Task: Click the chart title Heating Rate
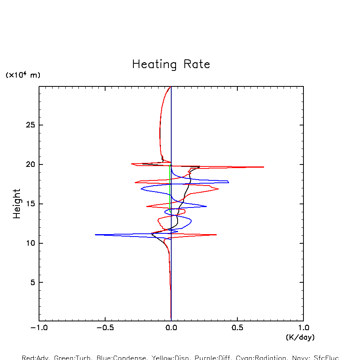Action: (171, 65)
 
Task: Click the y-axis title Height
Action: (17, 203)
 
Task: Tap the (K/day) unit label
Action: (300, 337)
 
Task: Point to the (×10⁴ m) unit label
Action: (23, 75)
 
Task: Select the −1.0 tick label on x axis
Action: (39, 329)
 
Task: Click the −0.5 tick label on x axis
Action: (105, 329)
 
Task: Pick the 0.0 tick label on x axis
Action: (171, 329)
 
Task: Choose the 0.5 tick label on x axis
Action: (237, 329)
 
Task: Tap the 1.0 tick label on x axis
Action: (303, 329)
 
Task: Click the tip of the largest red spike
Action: (264, 167)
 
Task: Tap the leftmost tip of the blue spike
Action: (96, 235)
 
